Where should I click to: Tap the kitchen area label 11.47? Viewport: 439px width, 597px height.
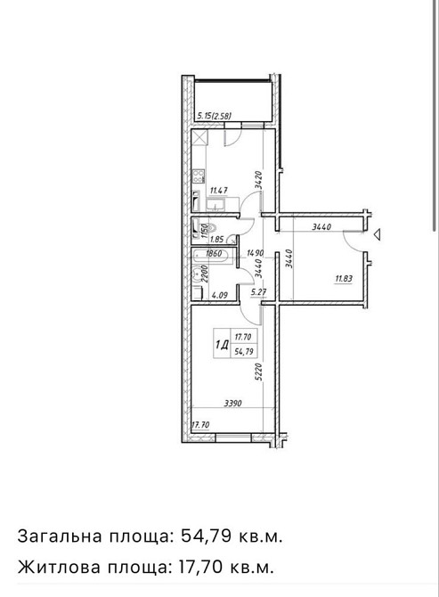click(x=217, y=190)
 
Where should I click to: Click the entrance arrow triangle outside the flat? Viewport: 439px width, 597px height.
click(x=378, y=235)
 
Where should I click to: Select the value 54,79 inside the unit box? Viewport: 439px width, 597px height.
click(x=241, y=350)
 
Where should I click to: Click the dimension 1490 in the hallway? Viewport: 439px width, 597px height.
click(x=256, y=252)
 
